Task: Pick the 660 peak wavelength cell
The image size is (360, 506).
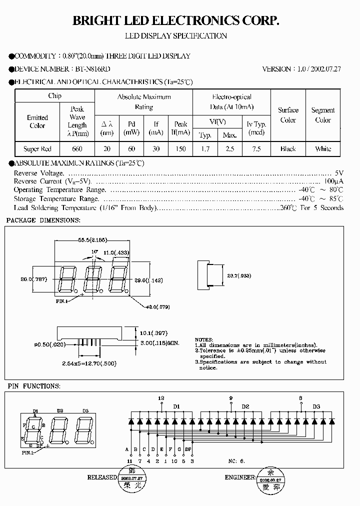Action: click(77, 148)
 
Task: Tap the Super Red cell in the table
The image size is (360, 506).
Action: click(37, 148)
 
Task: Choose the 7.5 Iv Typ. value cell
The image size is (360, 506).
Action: click(256, 148)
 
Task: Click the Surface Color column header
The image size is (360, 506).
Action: click(288, 115)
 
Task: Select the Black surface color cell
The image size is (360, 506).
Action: click(288, 148)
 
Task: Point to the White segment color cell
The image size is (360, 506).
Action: click(323, 148)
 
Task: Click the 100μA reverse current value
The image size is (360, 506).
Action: click(334, 180)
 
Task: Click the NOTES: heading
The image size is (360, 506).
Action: click(204, 339)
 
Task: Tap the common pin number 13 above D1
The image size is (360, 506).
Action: click(161, 398)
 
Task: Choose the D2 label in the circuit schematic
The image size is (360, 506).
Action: click(245, 406)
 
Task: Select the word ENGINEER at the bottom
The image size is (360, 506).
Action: click(239, 477)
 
